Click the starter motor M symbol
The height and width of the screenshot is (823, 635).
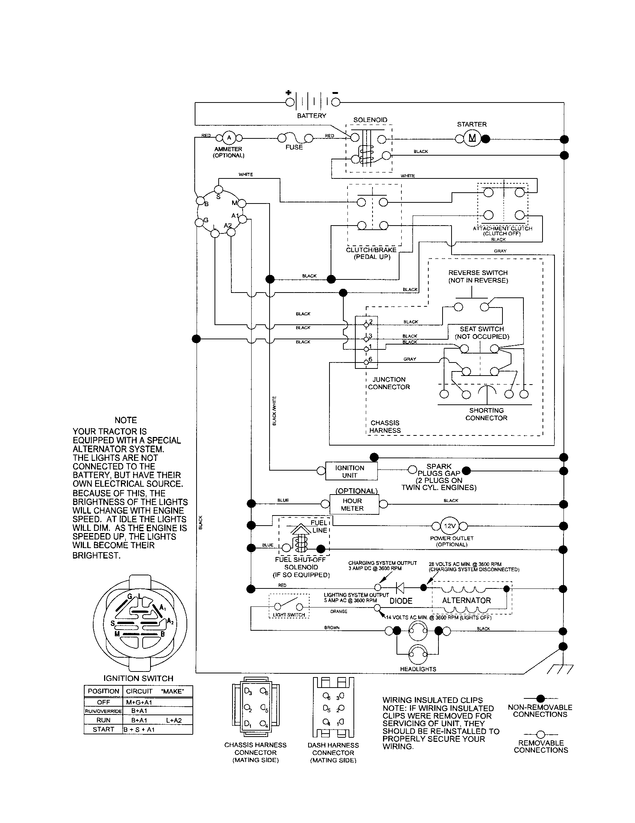[472, 138]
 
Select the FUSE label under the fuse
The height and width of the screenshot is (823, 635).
[294, 147]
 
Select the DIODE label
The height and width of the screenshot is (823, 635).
[401, 601]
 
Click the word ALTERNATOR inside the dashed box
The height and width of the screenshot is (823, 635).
[467, 600]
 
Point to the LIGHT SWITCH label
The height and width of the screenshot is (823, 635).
[289, 615]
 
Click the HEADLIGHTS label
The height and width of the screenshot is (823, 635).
[418, 669]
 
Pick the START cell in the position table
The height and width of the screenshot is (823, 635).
[103, 729]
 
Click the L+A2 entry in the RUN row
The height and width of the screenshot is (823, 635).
[173, 720]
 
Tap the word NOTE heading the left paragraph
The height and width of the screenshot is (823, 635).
[125, 420]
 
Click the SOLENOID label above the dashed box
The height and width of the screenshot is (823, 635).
[370, 120]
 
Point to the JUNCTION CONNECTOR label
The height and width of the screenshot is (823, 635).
[389, 383]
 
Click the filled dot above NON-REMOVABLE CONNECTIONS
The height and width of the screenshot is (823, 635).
[540, 698]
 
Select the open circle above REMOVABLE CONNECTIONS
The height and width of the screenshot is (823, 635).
[540, 734]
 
